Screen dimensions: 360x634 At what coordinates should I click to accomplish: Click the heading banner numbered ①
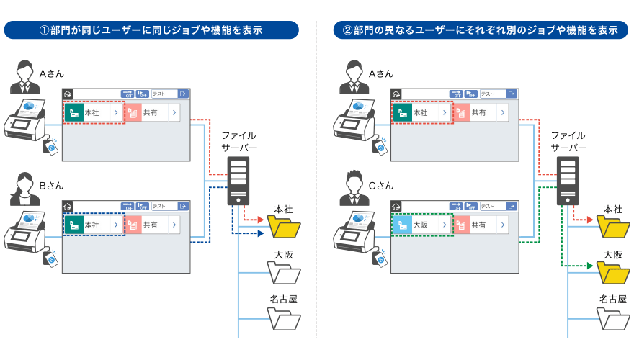tap(151, 30)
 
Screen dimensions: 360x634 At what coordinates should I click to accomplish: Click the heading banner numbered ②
tap(480, 30)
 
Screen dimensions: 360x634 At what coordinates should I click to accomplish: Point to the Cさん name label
tap(381, 186)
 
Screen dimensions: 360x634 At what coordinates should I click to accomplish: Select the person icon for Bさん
tap(24, 189)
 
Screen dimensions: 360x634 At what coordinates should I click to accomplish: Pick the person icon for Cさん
tap(353, 189)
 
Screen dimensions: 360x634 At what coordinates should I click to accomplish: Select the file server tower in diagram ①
tap(238, 180)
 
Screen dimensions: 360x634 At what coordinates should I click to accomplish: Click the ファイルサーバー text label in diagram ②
tap(568, 141)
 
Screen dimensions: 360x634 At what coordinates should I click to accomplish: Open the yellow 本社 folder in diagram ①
tap(284, 228)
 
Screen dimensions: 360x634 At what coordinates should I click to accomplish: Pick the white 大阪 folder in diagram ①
tap(284, 273)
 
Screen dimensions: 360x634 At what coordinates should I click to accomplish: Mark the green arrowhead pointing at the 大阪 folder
tap(590, 266)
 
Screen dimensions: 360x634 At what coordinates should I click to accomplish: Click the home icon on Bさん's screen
tap(68, 206)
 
